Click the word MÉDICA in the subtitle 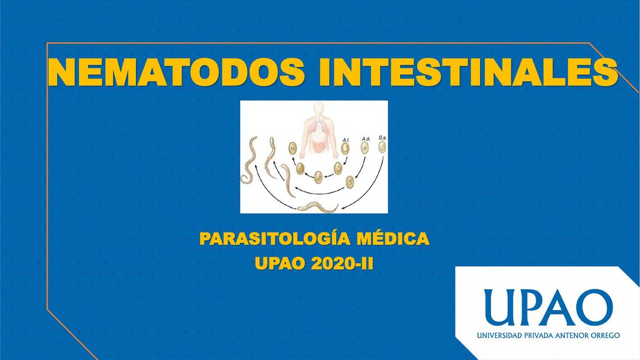point(394,238)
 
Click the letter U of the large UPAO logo point(501,307)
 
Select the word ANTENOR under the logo point(571,335)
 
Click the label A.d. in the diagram point(366,137)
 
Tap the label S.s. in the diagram point(382,137)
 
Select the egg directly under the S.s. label point(382,147)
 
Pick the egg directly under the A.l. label point(345,148)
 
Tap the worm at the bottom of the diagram point(317,206)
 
